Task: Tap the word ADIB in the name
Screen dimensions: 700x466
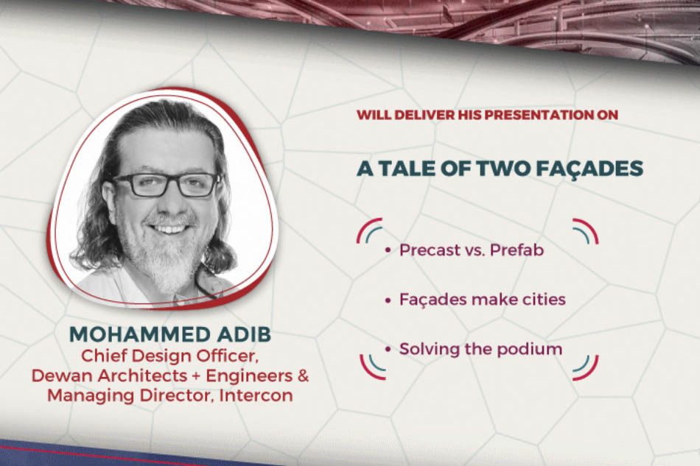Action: click(239, 334)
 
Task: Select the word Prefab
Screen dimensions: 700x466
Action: click(517, 250)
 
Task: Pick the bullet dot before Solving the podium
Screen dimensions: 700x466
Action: click(388, 349)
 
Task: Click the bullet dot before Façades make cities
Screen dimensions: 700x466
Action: click(388, 300)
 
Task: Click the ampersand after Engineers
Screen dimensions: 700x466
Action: click(303, 376)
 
